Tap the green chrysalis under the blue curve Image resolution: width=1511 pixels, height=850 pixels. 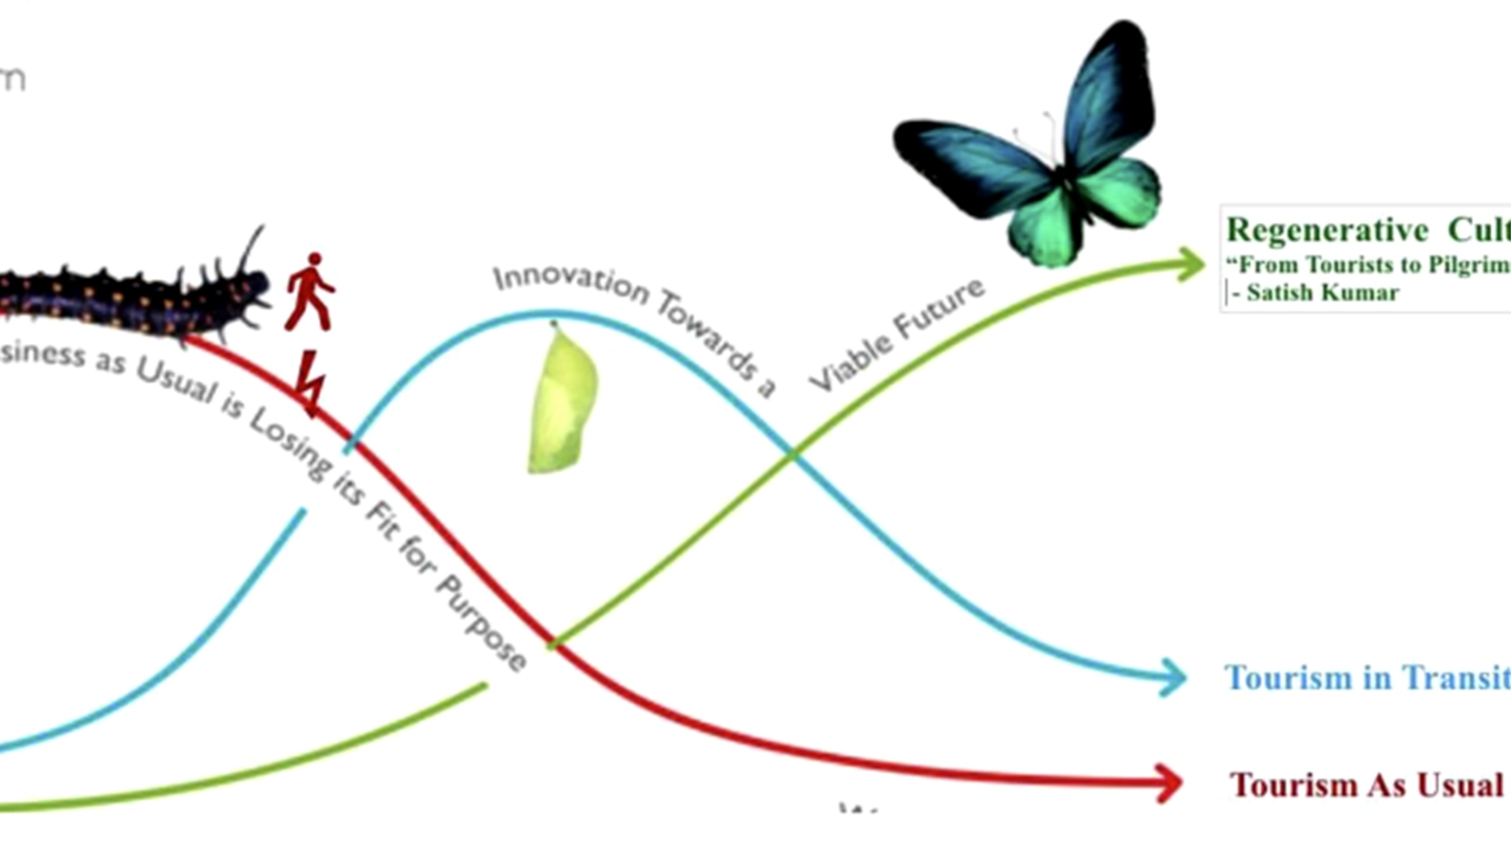click(x=563, y=399)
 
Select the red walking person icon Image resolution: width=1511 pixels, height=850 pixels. click(x=310, y=292)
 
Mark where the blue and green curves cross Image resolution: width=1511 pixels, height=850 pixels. click(x=792, y=455)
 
